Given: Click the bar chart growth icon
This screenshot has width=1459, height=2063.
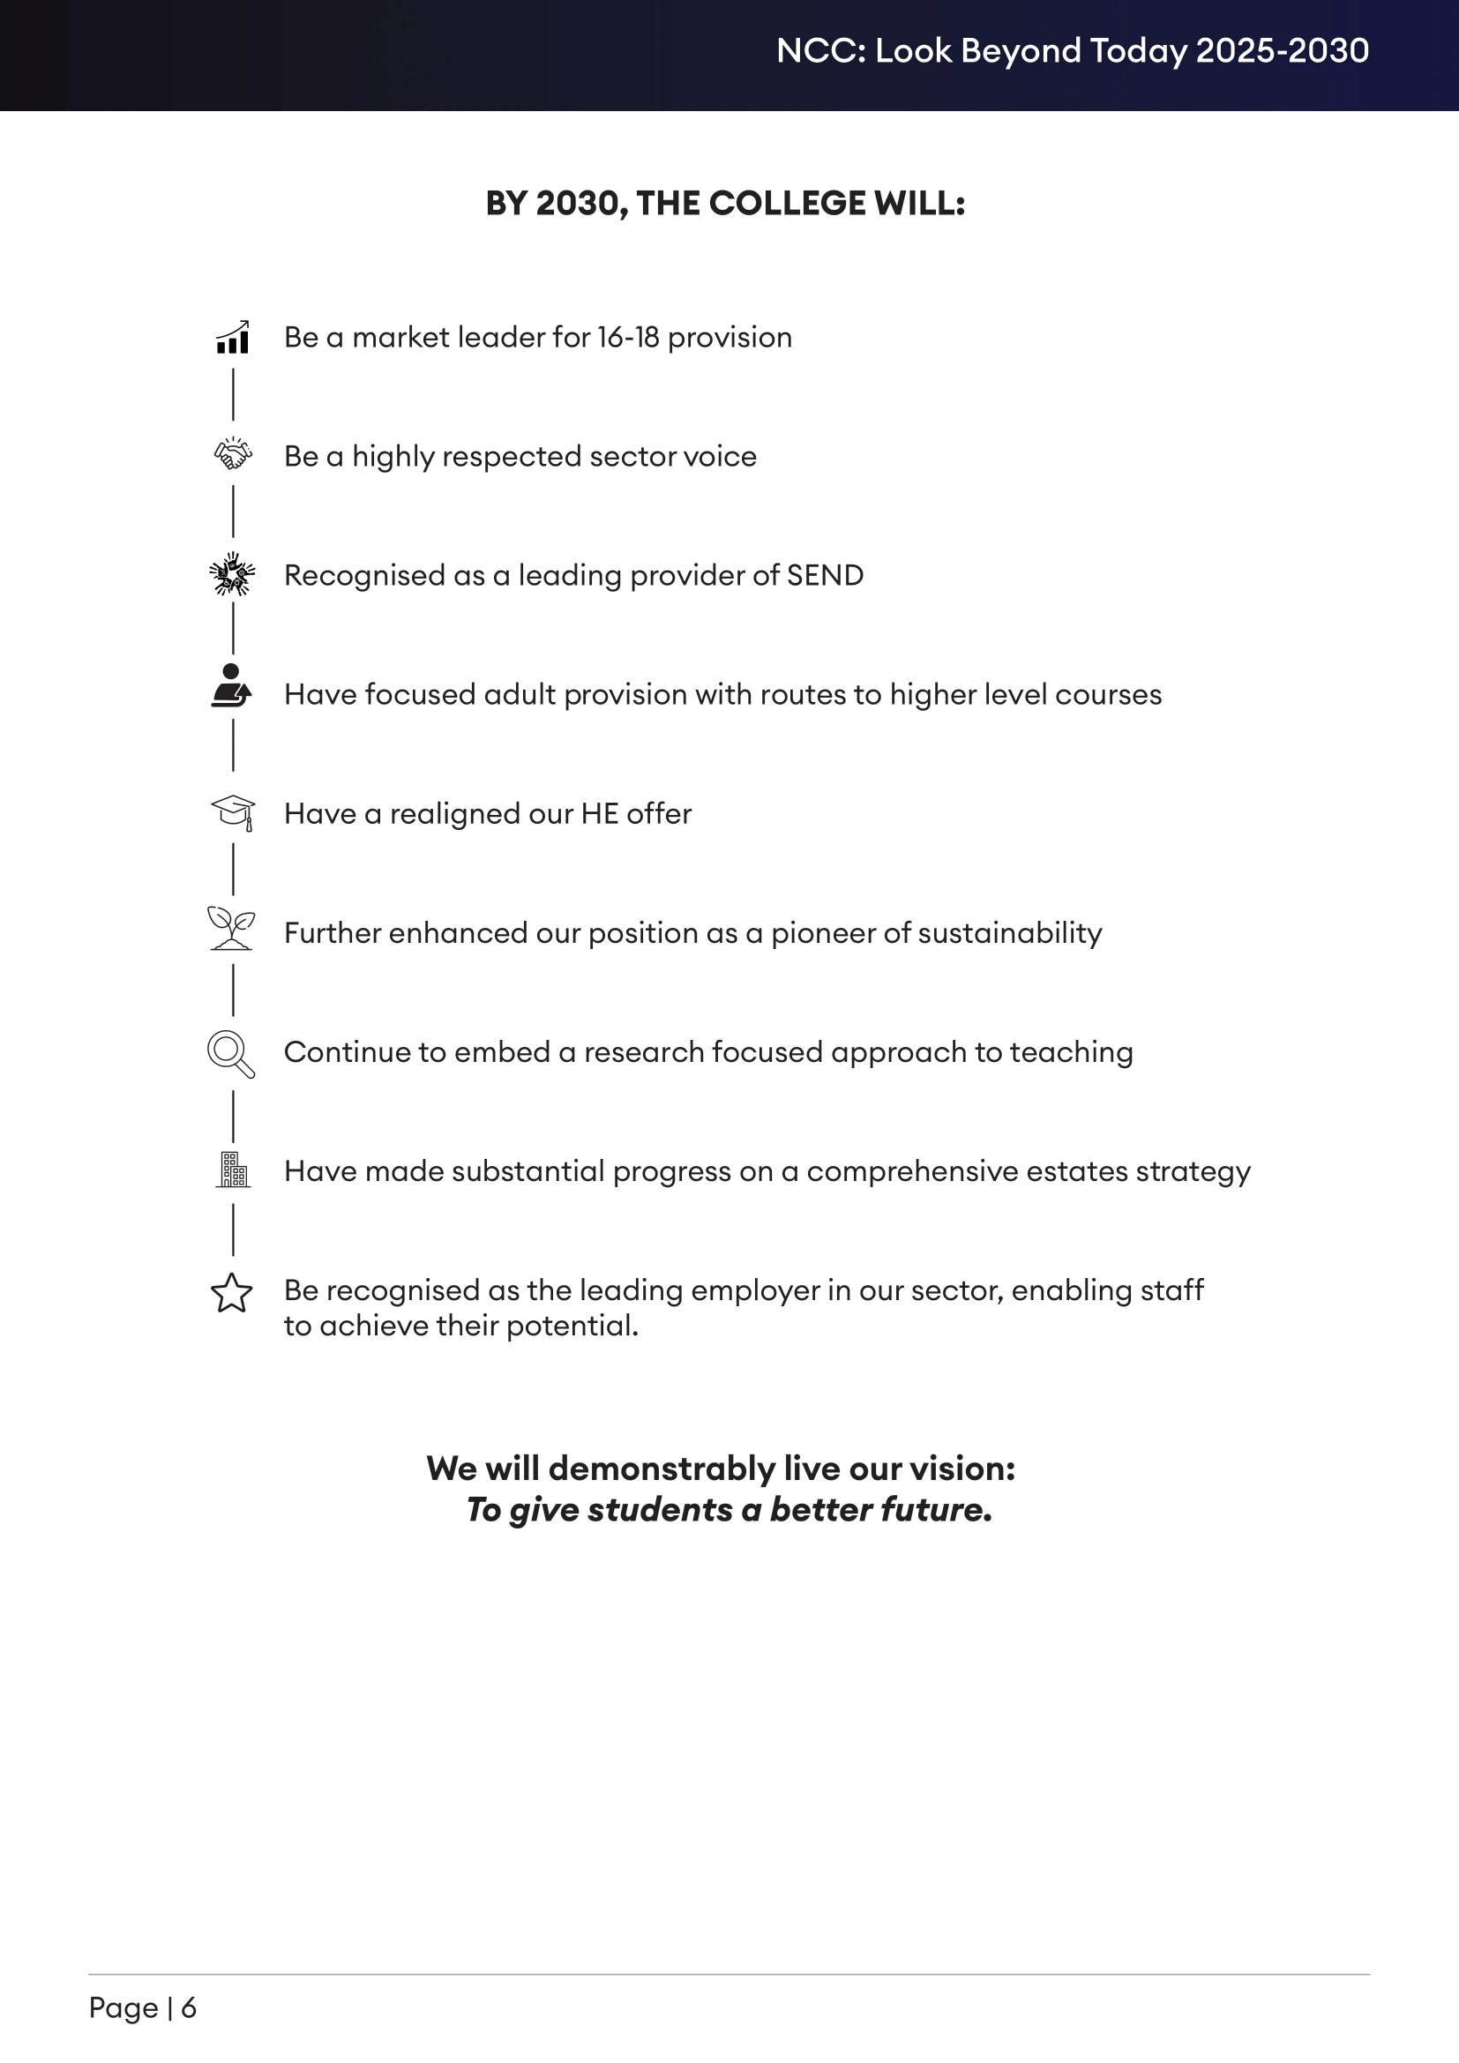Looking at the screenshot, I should (233, 338).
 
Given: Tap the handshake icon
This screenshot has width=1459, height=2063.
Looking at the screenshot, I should (233, 454).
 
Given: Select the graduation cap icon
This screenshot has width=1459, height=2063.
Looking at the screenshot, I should (234, 812).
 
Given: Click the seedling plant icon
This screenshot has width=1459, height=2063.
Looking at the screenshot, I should (232, 928).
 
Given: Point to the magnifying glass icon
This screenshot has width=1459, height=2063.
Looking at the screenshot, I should (231, 1053).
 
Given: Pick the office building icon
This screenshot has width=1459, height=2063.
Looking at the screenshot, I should (234, 1170).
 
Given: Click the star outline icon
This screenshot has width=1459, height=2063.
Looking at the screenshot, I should (232, 1293).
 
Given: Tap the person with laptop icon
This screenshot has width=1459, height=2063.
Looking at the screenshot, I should (232, 686).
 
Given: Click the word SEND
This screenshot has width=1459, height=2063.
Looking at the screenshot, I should (825, 576).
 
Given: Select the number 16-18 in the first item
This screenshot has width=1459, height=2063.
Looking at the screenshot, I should (628, 338).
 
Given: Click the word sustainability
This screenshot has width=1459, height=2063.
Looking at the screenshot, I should (1005, 933).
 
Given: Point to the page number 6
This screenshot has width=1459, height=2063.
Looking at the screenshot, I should (189, 2007).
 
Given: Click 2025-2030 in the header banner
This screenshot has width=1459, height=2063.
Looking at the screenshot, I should (1282, 51).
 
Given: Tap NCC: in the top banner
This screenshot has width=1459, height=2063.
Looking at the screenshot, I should (821, 51).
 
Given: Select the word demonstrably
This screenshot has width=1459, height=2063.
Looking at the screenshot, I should (662, 1469).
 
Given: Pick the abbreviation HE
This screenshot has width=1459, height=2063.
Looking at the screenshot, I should (599, 814).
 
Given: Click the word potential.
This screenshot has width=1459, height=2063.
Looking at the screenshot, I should (572, 1327).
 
